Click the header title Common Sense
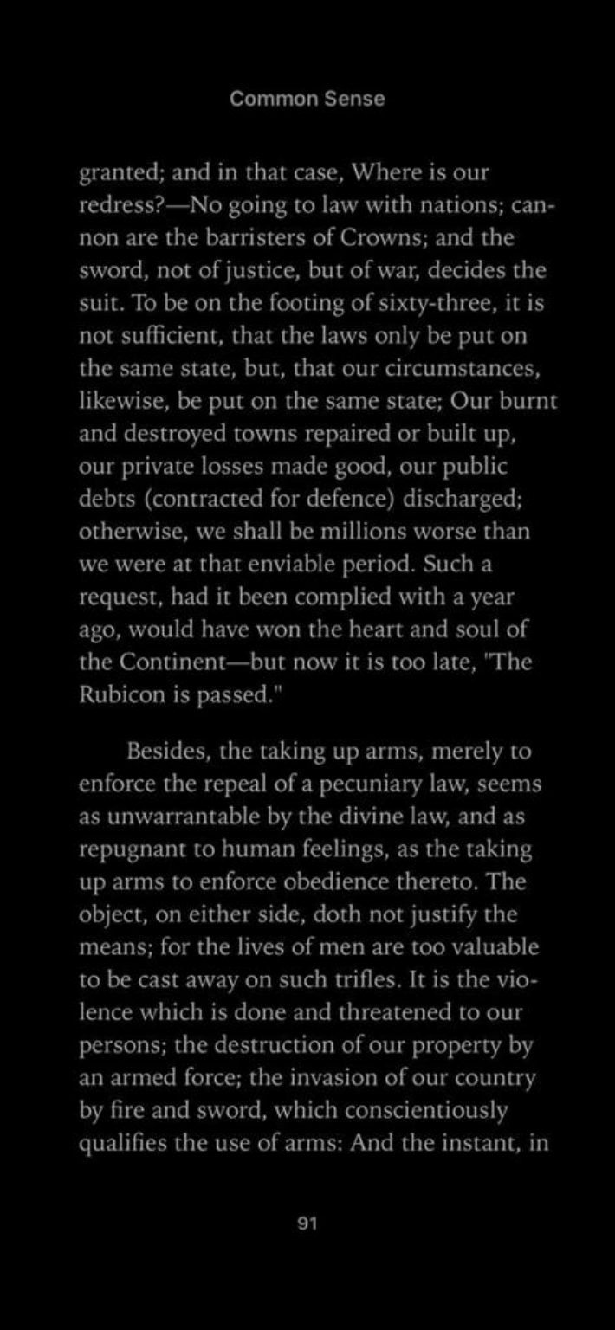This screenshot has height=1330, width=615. pyautogui.click(x=307, y=99)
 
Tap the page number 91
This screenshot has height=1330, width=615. pyautogui.click(x=307, y=1223)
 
